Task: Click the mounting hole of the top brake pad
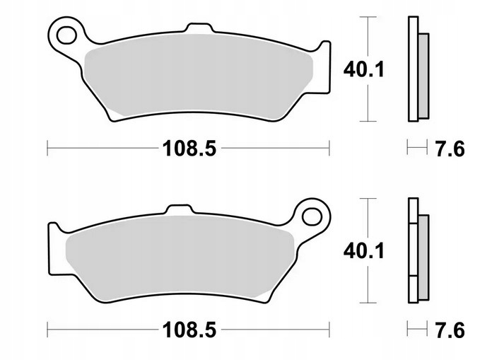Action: tap(67, 35)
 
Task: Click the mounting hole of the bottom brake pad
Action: tap(312, 216)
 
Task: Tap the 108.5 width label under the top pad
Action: tap(189, 149)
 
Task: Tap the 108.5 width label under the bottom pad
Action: tap(189, 330)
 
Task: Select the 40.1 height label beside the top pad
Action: tap(363, 69)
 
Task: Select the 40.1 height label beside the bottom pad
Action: tap(363, 251)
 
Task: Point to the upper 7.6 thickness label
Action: tap(450, 149)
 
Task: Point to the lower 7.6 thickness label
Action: tap(450, 330)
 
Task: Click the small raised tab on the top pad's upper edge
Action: tap(201, 28)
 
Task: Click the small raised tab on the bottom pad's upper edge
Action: tap(179, 209)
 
